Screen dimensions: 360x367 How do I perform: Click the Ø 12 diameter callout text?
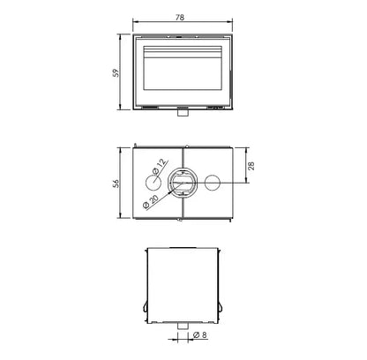(160, 164)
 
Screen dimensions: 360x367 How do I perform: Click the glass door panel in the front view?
(183, 77)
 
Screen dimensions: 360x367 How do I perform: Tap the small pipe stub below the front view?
(183, 112)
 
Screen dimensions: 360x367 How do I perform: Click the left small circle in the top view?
(148, 183)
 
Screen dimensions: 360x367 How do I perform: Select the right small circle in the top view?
(212, 183)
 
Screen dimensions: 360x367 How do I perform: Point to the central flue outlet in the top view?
(183, 183)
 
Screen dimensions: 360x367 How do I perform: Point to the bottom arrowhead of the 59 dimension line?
(124, 109)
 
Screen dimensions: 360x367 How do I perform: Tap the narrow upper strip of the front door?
(183, 45)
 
